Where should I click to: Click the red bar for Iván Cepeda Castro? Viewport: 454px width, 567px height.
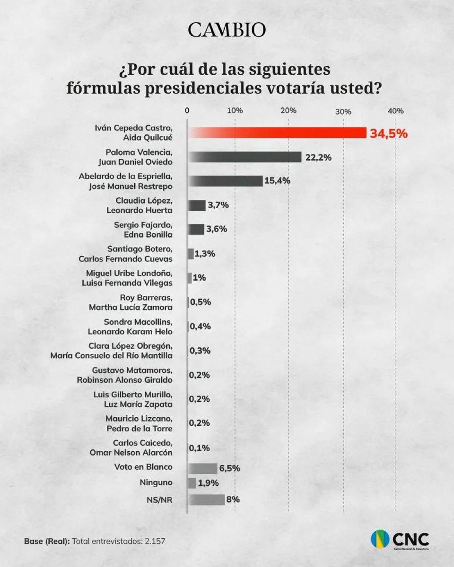tap(277, 133)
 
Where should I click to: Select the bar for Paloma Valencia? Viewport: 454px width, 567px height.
tap(244, 157)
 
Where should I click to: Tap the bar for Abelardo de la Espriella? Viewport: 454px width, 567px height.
tap(225, 181)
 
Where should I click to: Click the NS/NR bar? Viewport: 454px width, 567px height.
tap(206, 499)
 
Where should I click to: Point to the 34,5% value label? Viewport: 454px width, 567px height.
tap(388, 133)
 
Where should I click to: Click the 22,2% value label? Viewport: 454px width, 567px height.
tap(318, 157)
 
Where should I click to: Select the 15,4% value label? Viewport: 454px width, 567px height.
tap(279, 181)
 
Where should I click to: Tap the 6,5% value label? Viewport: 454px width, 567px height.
tap(229, 468)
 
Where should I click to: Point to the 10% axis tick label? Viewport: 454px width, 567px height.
tap(235, 111)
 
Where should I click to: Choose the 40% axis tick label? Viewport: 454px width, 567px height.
tap(395, 111)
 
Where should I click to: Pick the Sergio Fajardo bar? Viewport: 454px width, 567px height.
tap(196, 229)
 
